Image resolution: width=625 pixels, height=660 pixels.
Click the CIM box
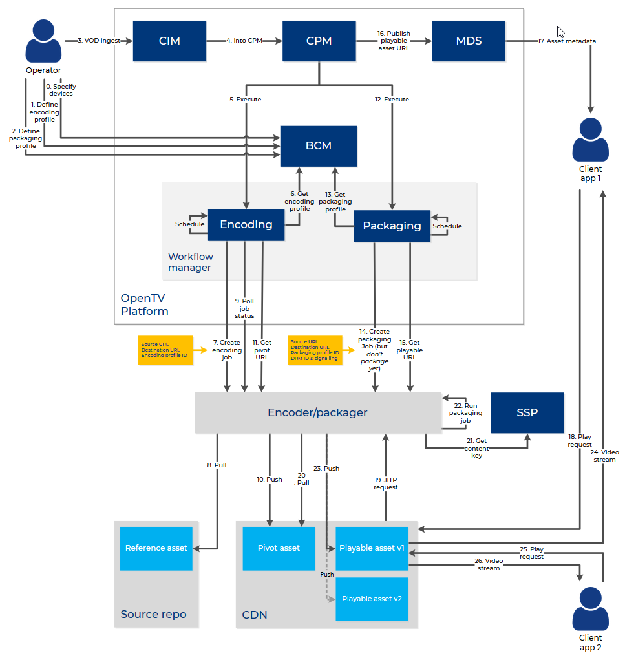169,41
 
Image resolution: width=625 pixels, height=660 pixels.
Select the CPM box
319,41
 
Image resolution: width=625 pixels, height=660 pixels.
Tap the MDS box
469,41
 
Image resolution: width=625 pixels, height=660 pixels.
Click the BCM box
318,145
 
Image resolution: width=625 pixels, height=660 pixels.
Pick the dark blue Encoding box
246,224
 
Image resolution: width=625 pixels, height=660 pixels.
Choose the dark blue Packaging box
392,226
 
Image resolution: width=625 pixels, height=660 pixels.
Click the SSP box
527,412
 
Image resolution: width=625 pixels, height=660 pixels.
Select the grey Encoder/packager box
317,412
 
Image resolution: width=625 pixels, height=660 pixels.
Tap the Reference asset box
156,548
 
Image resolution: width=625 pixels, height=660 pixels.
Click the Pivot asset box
279,548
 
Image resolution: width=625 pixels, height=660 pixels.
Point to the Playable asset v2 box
372,599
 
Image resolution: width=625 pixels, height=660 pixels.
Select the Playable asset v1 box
372,548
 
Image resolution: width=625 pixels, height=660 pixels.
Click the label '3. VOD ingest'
99,41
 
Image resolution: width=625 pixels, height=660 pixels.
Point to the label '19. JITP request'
386,483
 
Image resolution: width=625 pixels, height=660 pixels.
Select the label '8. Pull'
217,464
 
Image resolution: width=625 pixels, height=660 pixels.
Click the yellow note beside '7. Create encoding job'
165,350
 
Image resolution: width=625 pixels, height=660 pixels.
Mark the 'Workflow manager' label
191,262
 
